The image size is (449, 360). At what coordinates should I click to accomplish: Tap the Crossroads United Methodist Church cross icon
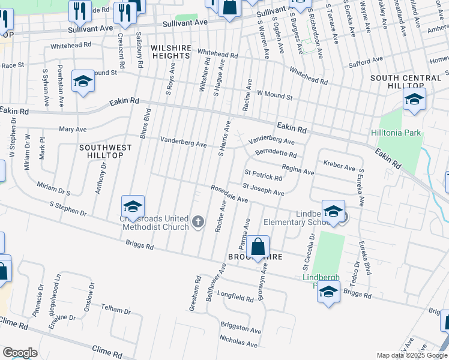coord(198,223)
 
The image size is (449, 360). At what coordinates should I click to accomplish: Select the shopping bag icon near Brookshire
coord(258,247)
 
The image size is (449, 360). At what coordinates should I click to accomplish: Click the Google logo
coord(20,353)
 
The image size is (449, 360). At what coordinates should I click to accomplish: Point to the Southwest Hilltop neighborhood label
coord(101,151)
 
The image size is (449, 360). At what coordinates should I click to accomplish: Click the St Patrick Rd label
coord(263,175)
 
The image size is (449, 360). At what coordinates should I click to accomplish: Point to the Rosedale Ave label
coord(229,193)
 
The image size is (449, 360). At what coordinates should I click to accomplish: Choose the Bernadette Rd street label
coord(276,153)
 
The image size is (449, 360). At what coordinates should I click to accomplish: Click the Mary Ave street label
coord(73,129)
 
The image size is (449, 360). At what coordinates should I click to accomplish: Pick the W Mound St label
coord(274,95)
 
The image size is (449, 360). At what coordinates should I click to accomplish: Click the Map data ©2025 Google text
coord(411,355)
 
